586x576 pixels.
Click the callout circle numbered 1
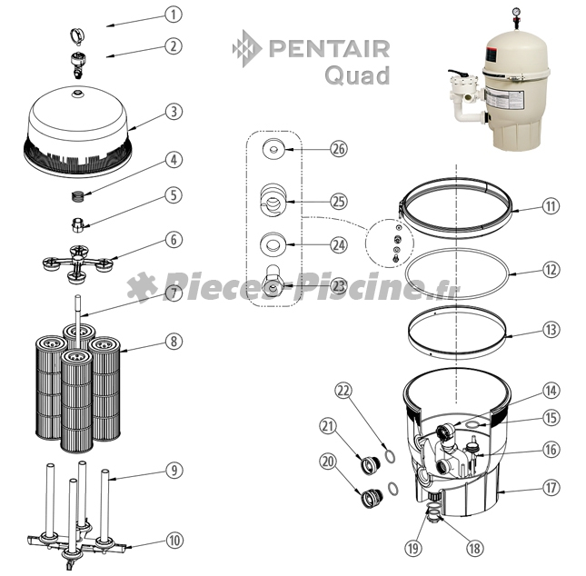click(174, 15)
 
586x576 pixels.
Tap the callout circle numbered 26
click(339, 149)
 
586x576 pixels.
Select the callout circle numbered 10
click(174, 541)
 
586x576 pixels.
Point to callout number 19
click(413, 549)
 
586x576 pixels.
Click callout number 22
click(343, 391)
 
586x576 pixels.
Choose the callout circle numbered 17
click(551, 487)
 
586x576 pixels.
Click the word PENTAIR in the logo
click(329, 49)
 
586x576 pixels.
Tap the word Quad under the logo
click(357, 75)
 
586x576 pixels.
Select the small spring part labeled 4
click(78, 196)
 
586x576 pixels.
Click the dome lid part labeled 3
click(78, 132)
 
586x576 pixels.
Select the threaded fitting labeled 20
click(371, 497)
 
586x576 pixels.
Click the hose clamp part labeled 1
click(77, 36)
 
